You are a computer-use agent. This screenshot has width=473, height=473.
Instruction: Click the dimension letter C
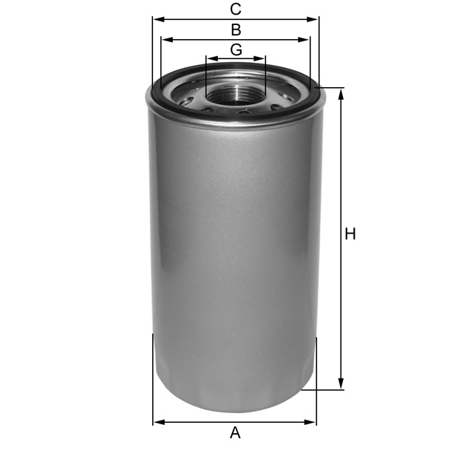pyautogui.click(x=236, y=10)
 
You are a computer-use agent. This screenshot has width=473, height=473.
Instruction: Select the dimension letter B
pyautogui.click(x=236, y=30)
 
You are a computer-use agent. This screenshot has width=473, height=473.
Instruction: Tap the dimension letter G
pyautogui.click(x=236, y=50)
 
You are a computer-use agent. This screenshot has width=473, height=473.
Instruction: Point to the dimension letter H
pyautogui.click(x=350, y=234)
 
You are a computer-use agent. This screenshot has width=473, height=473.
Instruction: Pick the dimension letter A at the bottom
pyautogui.click(x=235, y=433)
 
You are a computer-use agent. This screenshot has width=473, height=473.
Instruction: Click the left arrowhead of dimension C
pyautogui.click(x=156, y=19)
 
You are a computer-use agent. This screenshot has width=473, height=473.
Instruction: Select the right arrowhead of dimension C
pyautogui.click(x=315, y=19)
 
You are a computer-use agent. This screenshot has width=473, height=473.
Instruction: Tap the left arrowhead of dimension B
pyautogui.click(x=165, y=40)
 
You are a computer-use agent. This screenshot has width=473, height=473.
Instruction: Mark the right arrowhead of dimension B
pyautogui.click(x=307, y=40)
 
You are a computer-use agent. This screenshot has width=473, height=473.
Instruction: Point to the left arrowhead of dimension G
pyautogui.click(x=210, y=58)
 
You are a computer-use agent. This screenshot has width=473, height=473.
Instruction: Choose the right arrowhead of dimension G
pyautogui.click(x=262, y=58)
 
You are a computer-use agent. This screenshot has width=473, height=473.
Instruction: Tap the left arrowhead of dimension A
pyautogui.click(x=157, y=423)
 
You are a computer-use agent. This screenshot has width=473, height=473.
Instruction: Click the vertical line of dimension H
pyautogui.click(x=341, y=296)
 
